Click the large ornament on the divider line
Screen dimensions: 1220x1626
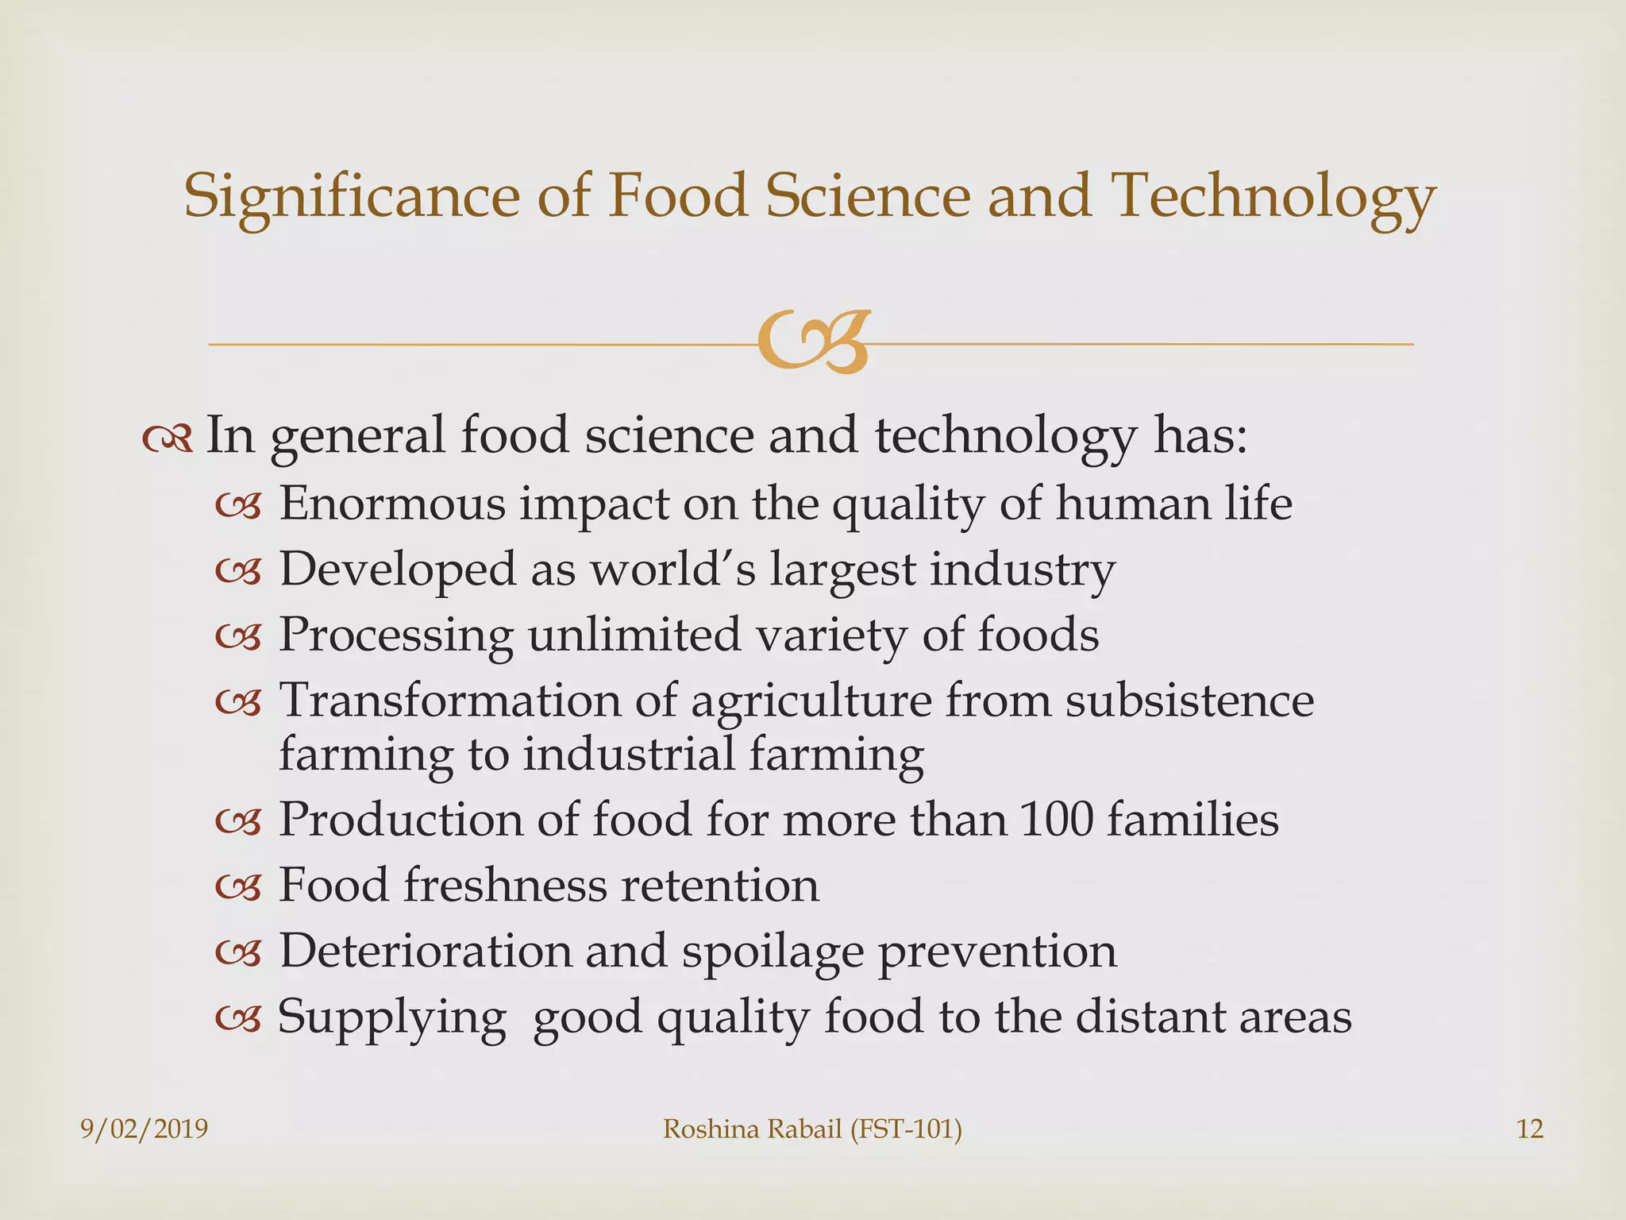coord(811,343)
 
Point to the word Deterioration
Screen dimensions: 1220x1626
coord(425,951)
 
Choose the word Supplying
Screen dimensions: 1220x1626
coord(391,1017)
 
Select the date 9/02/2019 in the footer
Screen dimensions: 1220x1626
coord(144,1129)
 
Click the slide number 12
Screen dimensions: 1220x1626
coord(1530,1129)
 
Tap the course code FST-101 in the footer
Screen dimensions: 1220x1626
coord(905,1129)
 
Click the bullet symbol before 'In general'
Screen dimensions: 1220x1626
coord(168,438)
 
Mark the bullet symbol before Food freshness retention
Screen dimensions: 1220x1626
coord(238,887)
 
